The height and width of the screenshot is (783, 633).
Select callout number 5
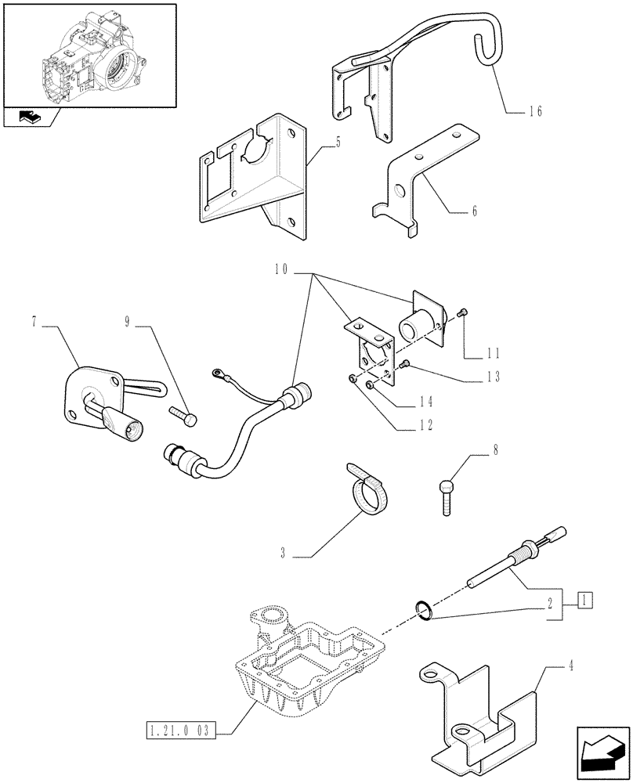click(315, 144)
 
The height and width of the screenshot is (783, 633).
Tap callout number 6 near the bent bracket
click(474, 211)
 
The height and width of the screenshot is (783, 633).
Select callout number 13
click(492, 377)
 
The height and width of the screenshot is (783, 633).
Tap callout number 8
click(472, 451)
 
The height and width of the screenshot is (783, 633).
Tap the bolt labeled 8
click(445, 494)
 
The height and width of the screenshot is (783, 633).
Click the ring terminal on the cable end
click(215, 377)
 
